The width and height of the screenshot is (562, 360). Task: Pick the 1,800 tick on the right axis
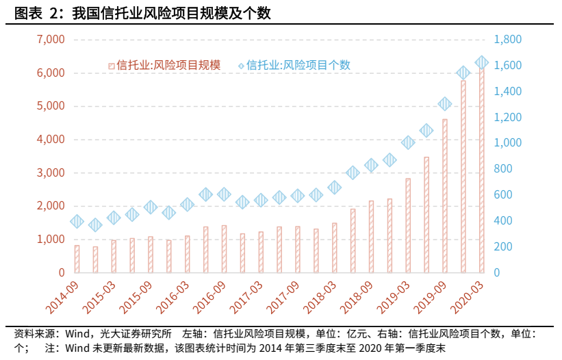[x=508, y=40]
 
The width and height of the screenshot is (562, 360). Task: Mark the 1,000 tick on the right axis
[x=508, y=143]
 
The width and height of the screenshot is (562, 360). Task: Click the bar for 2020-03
[x=481, y=171]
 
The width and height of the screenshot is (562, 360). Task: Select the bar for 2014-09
[x=77, y=259]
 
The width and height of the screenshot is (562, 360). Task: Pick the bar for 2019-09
[x=444, y=196]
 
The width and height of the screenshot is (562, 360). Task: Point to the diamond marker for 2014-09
[x=77, y=221]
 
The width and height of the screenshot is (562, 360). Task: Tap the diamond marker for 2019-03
[x=408, y=142]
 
